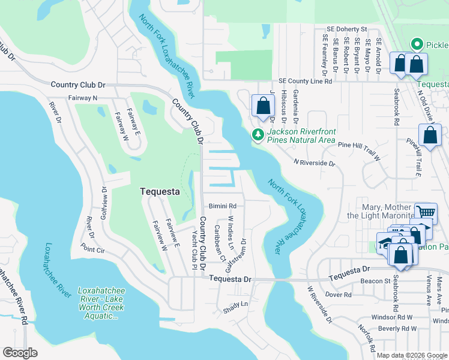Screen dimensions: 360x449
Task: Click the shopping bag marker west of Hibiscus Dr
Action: point(262,106)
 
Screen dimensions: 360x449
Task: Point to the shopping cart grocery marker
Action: point(426,212)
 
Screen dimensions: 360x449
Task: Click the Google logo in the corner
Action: point(20,353)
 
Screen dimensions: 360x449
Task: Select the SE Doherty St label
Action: point(347,29)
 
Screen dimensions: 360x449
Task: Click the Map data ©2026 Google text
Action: point(412,355)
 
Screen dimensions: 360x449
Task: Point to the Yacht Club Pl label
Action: point(194,248)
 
